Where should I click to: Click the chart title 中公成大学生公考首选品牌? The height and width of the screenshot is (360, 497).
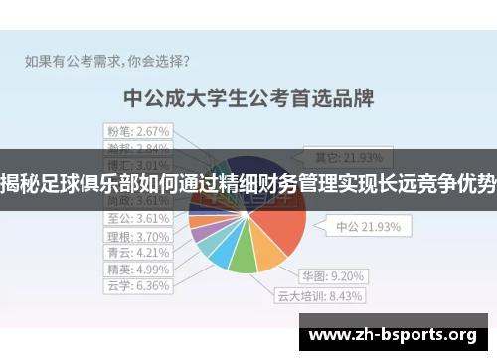pos(248,98)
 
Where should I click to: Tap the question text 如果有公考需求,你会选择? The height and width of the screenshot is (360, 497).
pos(108,59)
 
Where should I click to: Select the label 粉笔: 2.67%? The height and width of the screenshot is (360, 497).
pos(139,130)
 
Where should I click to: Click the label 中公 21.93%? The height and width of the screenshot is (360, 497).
pos(368,226)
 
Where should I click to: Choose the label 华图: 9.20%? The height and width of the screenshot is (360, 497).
pos(333,274)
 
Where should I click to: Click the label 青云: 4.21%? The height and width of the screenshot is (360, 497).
pos(138,252)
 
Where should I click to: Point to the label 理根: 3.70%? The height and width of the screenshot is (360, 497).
pos(138,236)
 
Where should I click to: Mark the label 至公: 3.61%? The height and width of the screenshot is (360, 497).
pos(138,218)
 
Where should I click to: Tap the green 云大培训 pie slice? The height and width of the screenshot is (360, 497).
pos(243,261)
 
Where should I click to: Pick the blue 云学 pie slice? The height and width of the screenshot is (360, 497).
pos(223,254)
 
